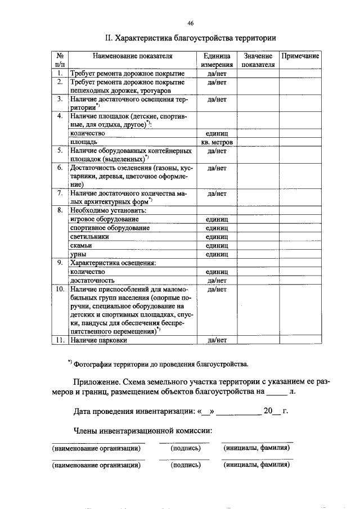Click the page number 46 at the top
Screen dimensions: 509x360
click(191, 22)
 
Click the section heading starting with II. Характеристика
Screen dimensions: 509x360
click(191, 38)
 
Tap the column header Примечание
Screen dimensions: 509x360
click(300, 56)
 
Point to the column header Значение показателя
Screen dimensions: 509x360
click(258, 60)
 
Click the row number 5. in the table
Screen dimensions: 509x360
click(59, 151)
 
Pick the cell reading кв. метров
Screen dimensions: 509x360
click(217, 143)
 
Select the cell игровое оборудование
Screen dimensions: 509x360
click(105, 219)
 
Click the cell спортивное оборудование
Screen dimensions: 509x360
click(110, 228)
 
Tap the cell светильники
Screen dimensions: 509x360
click(89, 237)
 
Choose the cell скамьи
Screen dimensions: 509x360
click(82, 246)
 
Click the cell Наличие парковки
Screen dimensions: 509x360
click(98, 340)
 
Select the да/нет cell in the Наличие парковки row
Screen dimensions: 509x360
click(217, 340)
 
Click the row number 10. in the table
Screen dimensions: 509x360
click(60, 289)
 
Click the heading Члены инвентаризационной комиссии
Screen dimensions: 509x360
click(143, 431)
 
